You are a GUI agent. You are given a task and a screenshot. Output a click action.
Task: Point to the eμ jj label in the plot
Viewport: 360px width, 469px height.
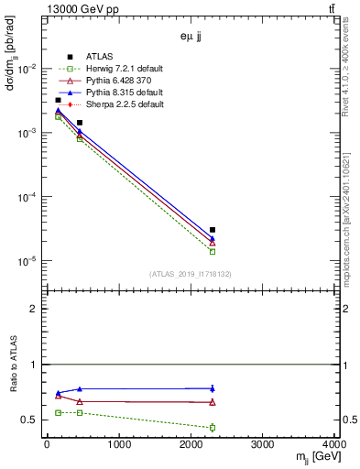[x=191, y=38]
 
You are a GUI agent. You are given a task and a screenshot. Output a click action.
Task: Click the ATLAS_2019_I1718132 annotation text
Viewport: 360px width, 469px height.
[x=191, y=274]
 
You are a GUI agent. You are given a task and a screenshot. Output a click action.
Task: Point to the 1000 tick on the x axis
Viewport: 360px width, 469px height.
[x=118, y=446]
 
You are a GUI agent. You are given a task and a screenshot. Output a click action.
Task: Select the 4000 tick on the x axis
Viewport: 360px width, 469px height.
[x=333, y=446]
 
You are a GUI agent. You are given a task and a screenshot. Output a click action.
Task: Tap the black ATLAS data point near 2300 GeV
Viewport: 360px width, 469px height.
[x=213, y=230]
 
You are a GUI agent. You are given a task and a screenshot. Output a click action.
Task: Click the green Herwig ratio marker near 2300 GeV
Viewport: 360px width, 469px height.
[x=213, y=428]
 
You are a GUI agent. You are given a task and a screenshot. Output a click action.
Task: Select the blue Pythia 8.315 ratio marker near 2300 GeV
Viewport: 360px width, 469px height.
[x=213, y=388]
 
